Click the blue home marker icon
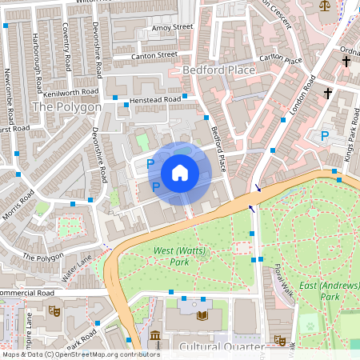(180, 173)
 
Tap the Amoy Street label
(172, 27)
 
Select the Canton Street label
(155, 55)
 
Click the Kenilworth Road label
(70, 94)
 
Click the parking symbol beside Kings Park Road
(324, 136)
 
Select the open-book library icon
(202, 316)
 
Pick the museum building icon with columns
(155, 336)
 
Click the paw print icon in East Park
(309, 326)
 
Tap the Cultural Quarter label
(221, 347)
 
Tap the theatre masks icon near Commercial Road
(54, 310)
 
